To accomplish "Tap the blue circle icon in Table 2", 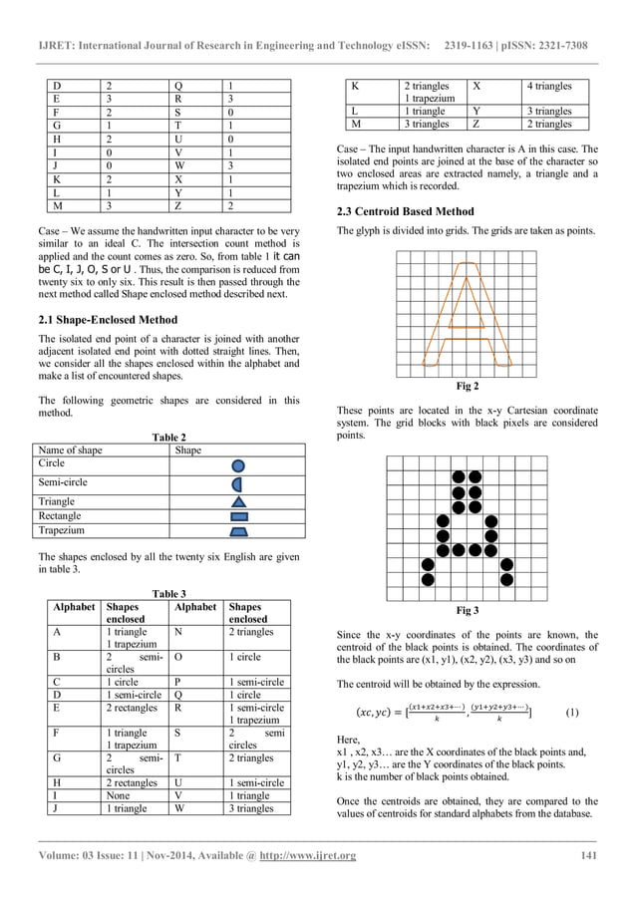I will (x=238, y=465).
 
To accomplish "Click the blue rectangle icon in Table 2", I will (x=238, y=517).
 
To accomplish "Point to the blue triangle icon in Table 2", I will (x=238, y=501).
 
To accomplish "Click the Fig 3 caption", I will (x=467, y=609).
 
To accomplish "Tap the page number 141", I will (x=589, y=856).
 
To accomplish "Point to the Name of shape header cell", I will (x=70, y=450).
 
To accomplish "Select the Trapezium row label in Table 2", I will (x=64, y=531).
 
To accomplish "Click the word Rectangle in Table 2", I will (x=63, y=516).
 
